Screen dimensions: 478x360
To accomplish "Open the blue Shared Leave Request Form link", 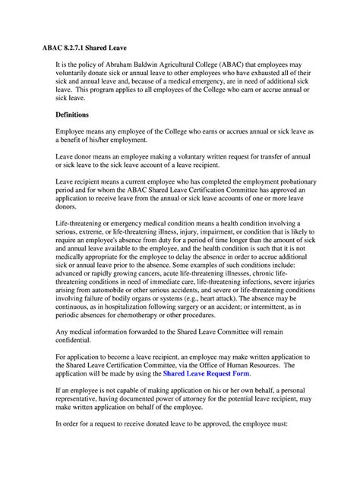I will pos(206,374).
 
